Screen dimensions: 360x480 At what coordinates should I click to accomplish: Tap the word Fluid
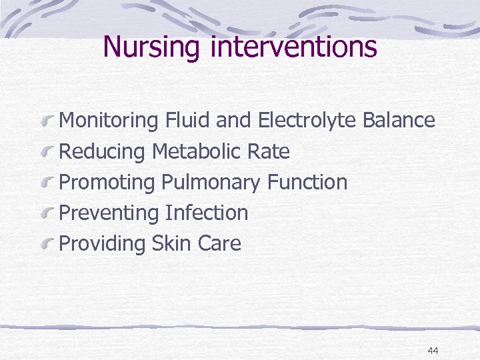(x=185, y=121)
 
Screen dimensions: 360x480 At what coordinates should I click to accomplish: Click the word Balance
(x=399, y=121)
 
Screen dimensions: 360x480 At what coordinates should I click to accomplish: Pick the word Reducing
(x=102, y=152)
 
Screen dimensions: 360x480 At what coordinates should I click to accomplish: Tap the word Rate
(x=268, y=151)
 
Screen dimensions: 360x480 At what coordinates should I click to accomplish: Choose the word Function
(x=307, y=182)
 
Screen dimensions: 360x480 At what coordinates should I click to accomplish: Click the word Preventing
(x=107, y=213)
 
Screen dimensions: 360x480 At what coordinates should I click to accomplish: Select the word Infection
(x=207, y=213)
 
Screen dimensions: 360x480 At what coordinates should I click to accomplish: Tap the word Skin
(x=172, y=243)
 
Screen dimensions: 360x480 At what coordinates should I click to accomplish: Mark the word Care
(x=219, y=243)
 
